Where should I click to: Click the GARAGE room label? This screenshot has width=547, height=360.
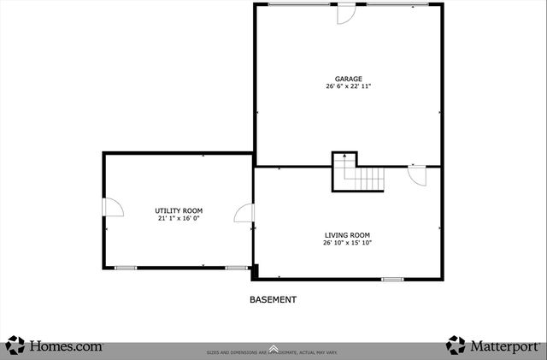[348, 79]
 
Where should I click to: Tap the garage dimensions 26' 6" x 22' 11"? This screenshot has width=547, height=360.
[348, 86]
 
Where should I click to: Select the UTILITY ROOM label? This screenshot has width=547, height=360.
[179, 210]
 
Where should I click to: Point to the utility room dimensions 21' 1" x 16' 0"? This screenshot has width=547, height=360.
[179, 218]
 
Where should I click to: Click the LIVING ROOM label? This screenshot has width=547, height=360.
[347, 235]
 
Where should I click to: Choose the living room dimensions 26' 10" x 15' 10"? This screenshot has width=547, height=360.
[347, 243]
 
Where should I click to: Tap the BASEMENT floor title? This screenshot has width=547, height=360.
[273, 300]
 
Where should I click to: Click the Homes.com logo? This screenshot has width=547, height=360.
[55, 345]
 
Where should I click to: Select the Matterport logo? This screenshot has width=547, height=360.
[493, 345]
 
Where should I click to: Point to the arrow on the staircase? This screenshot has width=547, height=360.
[344, 157]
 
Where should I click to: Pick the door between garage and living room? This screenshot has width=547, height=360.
[417, 174]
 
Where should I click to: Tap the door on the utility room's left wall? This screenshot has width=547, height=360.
[112, 207]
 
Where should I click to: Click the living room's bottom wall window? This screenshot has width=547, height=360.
[392, 279]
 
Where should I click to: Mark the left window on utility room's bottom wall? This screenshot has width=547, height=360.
[126, 269]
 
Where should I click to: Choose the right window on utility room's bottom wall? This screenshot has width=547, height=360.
[237, 269]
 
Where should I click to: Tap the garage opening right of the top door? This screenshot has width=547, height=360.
[398, 4]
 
